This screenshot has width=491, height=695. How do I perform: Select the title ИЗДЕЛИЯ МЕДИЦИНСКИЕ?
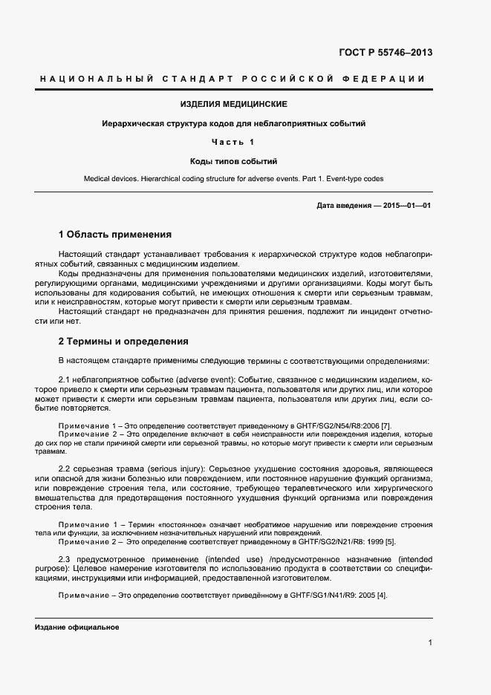point(234,104)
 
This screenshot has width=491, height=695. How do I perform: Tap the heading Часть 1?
point(233,142)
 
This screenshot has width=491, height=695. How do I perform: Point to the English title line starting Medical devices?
point(234,180)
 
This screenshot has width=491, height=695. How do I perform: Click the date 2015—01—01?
point(407,204)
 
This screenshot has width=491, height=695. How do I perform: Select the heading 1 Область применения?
point(115,234)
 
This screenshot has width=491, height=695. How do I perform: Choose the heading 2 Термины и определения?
point(123,342)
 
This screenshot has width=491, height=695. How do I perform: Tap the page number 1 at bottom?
point(430,643)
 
